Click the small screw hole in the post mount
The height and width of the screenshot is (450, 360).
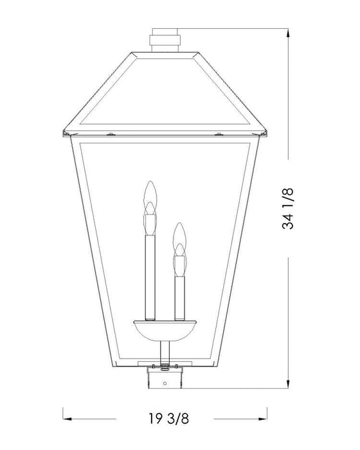165,385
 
